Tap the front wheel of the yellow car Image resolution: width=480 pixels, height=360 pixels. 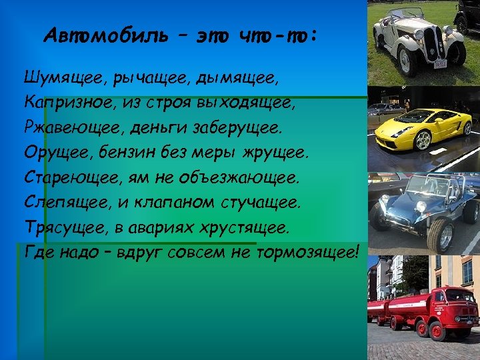[423, 141]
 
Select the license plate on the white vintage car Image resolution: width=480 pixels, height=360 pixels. [440, 64]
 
